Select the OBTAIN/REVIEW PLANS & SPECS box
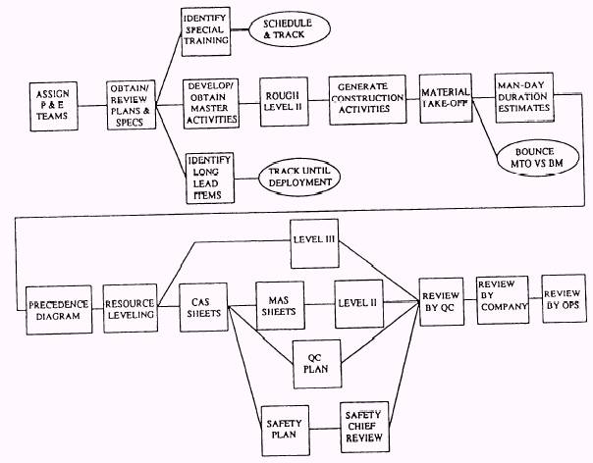coord(135,103)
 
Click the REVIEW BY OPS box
coord(564,297)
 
